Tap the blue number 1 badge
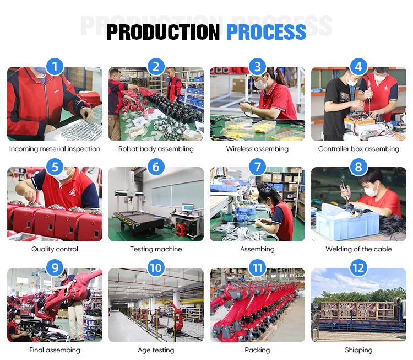point(55,67)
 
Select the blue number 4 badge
point(358,67)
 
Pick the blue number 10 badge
point(156,268)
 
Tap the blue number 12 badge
point(358,268)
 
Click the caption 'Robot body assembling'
point(156,149)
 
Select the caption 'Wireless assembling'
point(257,149)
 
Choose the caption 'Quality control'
point(55,249)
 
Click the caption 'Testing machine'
point(156,249)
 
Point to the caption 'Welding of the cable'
point(358,249)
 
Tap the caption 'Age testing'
point(156,350)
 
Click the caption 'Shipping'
point(358,350)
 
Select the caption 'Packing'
point(257,350)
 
